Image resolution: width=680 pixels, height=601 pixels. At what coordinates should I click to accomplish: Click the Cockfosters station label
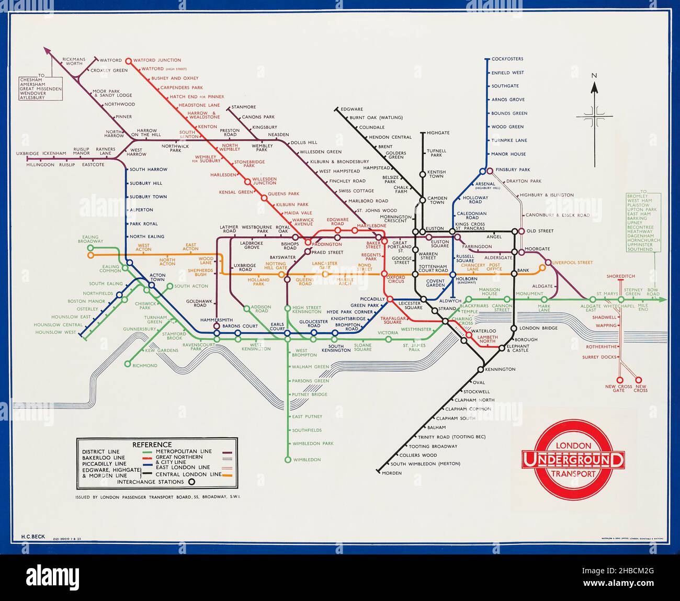coord(507,59)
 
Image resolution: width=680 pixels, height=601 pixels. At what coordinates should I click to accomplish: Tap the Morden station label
coord(392,473)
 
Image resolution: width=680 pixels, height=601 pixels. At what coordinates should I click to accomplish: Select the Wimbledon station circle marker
coord(287,460)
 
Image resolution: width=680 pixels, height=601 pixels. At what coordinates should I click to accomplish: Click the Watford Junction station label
coord(157,60)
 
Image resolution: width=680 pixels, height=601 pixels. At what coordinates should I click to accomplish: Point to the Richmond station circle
coord(127,364)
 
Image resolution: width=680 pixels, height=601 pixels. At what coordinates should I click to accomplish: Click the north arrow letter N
coord(594,75)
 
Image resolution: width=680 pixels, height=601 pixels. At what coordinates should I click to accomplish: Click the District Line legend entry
coord(100,452)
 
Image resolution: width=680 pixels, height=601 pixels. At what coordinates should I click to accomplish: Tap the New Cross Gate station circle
coord(620,380)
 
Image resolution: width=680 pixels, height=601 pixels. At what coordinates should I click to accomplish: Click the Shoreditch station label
coord(620,276)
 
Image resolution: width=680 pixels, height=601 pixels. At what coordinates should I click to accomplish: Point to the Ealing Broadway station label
coord(90,239)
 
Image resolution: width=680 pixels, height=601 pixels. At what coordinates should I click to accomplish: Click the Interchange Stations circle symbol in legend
coord(192,482)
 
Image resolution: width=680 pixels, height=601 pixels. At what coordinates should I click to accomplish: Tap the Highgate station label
coord(438,133)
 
